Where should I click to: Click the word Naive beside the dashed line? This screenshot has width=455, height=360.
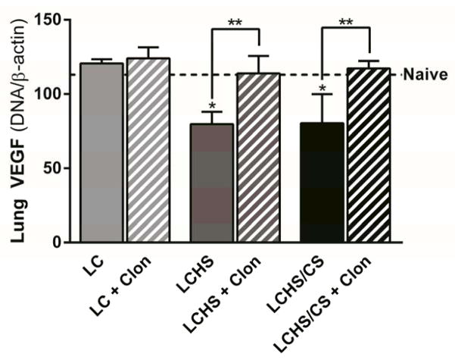[x=428, y=75]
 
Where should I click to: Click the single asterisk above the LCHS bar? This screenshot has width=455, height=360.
[x=212, y=104]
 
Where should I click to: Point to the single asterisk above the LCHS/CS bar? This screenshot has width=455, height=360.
[x=323, y=90]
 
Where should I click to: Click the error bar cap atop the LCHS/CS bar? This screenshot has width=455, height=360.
[x=323, y=94]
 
